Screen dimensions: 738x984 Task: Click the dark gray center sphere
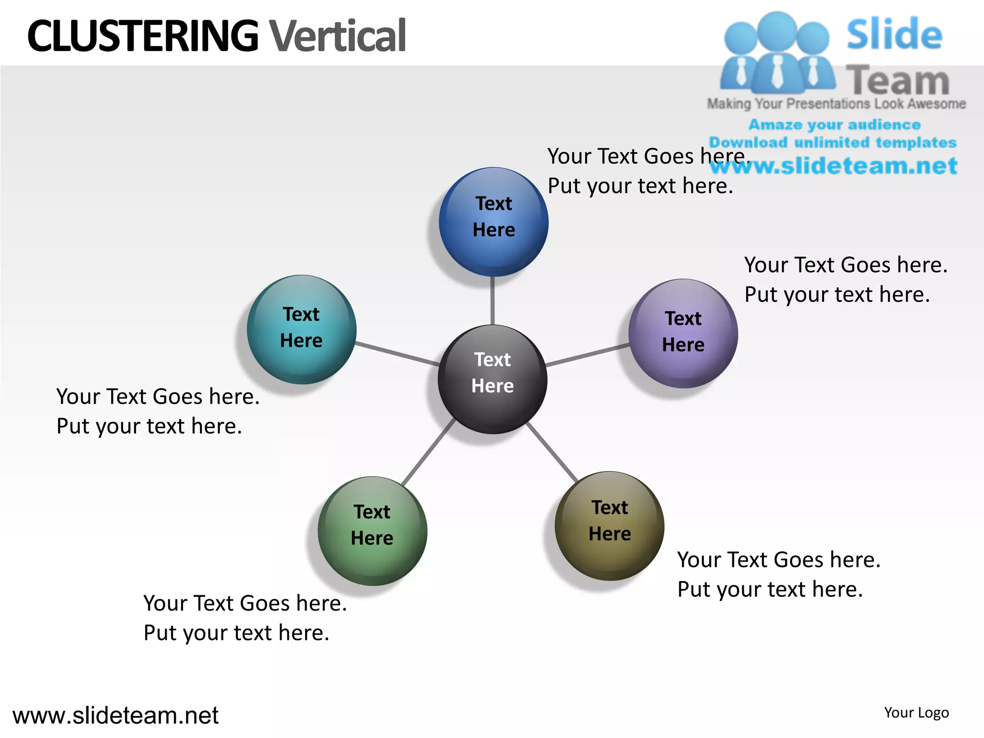point(492,380)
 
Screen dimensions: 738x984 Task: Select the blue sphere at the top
point(493,222)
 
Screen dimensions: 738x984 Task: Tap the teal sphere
point(302,330)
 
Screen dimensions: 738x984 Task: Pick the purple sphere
point(683,333)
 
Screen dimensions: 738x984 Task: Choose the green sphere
point(372,531)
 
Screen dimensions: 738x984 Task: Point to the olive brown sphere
point(610,526)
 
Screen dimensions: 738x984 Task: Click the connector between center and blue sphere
point(493,301)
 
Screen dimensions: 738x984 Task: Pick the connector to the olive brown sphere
point(553,452)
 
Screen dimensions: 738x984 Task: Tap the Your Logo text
point(916,713)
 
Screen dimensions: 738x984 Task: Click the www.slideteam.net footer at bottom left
point(115,715)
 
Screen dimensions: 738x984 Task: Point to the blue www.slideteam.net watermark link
point(834,166)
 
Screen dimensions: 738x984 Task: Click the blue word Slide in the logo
point(894,34)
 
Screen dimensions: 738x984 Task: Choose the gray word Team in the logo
point(898,81)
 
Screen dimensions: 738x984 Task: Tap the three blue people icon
point(777,53)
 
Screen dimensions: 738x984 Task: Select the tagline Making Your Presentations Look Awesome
point(836,104)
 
